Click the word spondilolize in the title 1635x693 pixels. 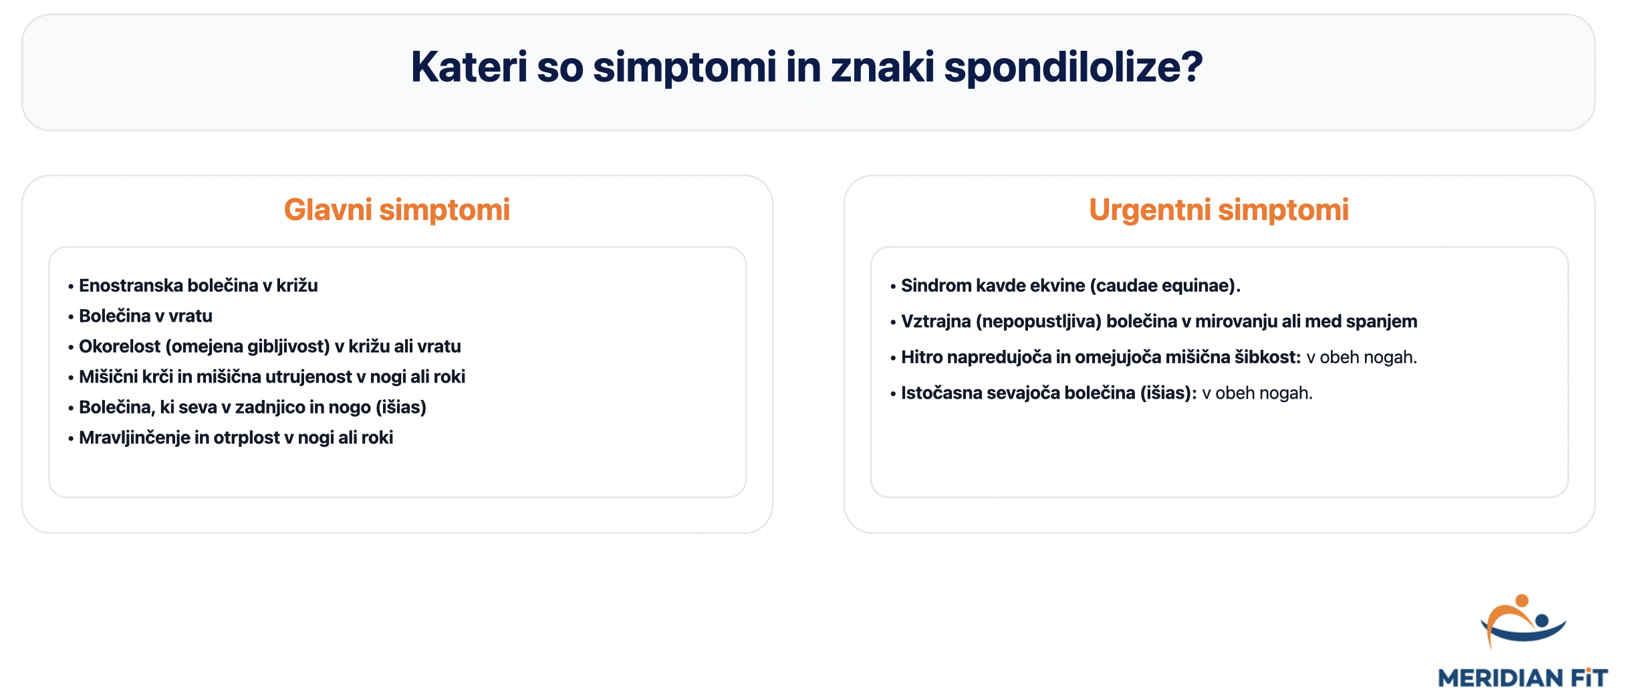[1073, 68]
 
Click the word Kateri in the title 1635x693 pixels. [469, 68]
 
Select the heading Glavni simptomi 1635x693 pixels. [396, 210]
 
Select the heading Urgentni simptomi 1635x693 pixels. [1218, 210]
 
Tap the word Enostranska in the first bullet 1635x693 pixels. [130, 286]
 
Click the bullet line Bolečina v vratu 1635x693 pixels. [145, 316]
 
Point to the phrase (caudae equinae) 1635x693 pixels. [1164, 286]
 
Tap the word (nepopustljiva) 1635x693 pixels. [1038, 322]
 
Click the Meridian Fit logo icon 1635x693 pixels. [1523, 622]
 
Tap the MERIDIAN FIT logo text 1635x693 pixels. [1522, 678]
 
